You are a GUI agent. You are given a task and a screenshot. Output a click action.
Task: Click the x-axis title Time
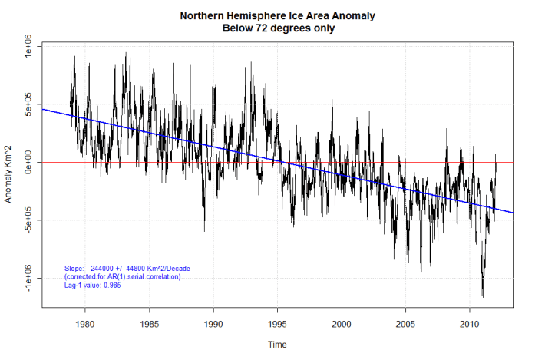pos(277,345)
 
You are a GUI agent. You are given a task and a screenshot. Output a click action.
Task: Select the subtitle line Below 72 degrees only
pos(278,28)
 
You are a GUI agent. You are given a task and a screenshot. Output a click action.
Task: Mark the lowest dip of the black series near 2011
pos(483,296)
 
